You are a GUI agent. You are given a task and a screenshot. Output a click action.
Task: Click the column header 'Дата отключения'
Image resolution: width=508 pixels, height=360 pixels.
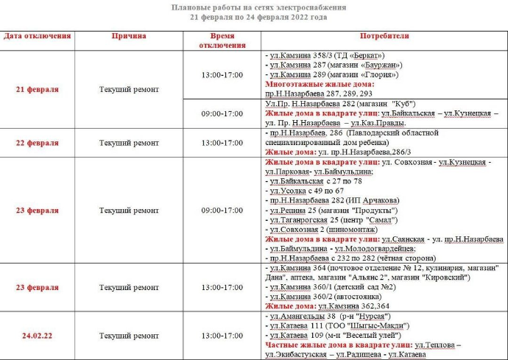tap(38, 36)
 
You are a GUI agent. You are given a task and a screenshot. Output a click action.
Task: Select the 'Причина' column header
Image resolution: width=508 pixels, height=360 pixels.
tap(129, 36)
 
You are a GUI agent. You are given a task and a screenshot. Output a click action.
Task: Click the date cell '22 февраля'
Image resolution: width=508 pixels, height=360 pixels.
tap(38, 143)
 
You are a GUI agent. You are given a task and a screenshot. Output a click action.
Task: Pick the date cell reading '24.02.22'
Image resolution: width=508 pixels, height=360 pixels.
tap(38, 335)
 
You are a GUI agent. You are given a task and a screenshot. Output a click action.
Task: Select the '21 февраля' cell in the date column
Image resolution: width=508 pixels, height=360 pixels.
tap(38, 90)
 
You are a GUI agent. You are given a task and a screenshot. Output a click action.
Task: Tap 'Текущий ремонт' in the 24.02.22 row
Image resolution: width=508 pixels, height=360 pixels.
tap(129, 335)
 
